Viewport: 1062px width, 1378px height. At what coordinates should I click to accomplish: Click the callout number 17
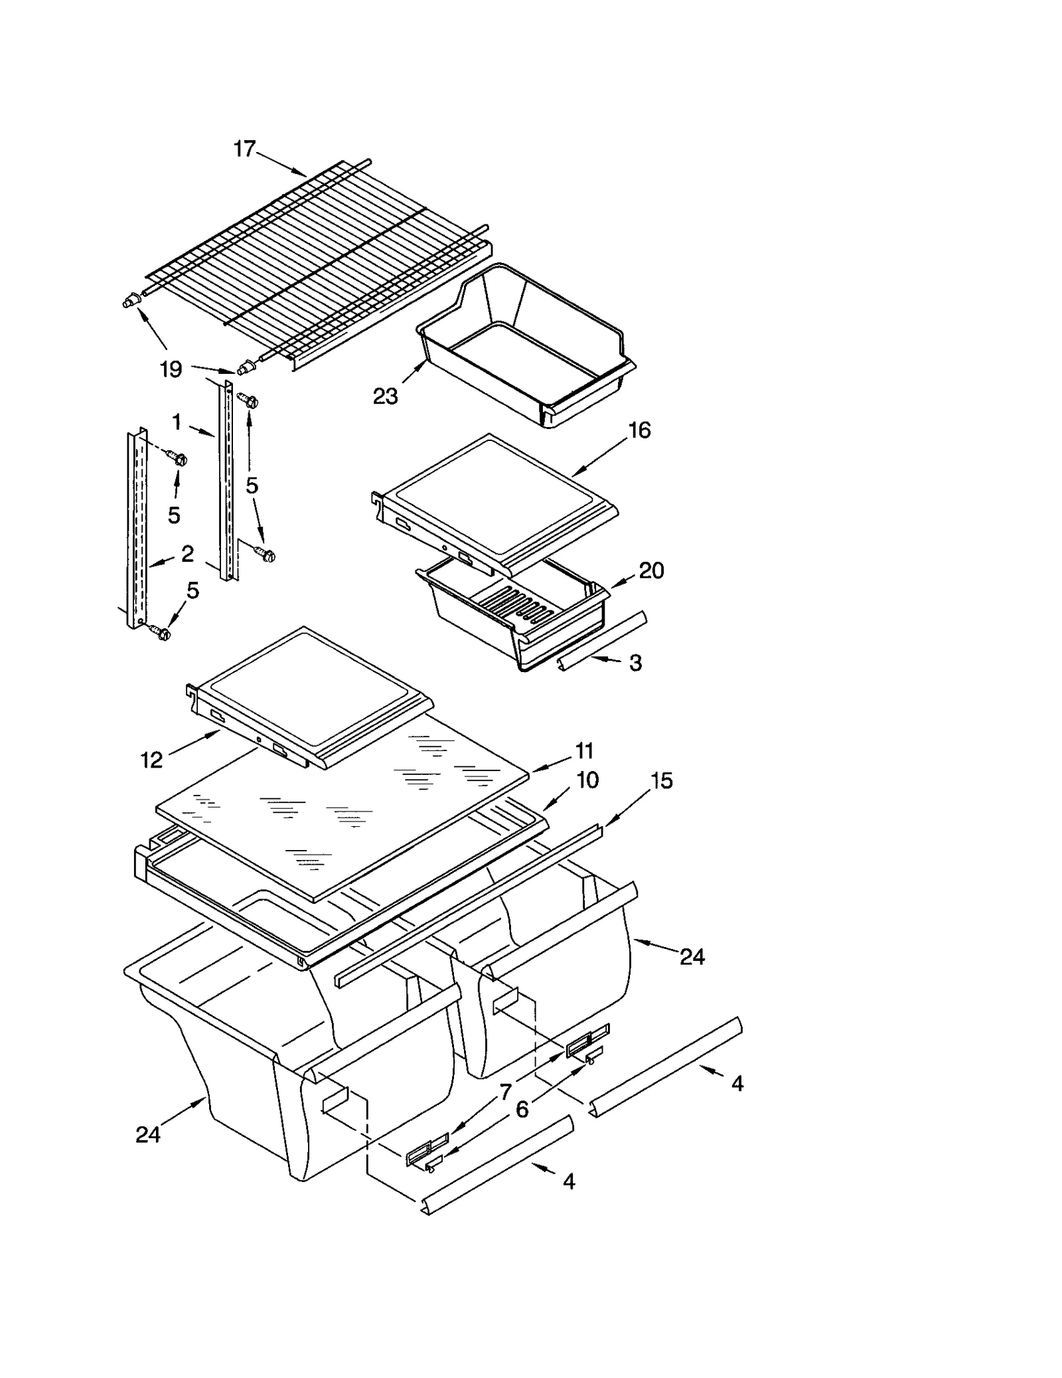pyautogui.click(x=244, y=149)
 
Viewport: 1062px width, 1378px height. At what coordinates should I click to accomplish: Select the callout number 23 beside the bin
pyautogui.click(x=385, y=396)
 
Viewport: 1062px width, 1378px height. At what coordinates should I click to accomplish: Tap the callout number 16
pyautogui.click(x=639, y=430)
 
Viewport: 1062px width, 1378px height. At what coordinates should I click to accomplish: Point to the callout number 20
pyautogui.click(x=651, y=570)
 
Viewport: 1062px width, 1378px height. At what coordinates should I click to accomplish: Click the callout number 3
pyautogui.click(x=635, y=662)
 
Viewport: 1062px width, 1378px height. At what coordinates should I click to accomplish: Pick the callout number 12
pyautogui.click(x=151, y=760)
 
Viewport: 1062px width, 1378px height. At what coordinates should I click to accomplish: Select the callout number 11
pyautogui.click(x=584, y=750)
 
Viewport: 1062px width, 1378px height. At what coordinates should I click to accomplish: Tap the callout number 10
pyautogui.click(x=587, y=780)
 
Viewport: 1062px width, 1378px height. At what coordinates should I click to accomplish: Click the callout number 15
pyautogui.click(x=661, y=781)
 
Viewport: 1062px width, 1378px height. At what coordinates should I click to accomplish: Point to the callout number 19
pyautogui.click(x=171, y=369)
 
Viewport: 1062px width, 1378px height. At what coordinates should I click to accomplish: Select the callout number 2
pyautogui.click(x=188, y=553)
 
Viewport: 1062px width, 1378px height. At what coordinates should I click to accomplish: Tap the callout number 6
pyautogui.click(x=522, y=1109)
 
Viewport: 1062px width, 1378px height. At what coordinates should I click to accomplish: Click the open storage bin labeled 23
pyautogui.click(x=524, y=345)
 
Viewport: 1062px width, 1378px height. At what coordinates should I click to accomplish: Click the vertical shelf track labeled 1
pyautogui.click(x=226, y=481)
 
